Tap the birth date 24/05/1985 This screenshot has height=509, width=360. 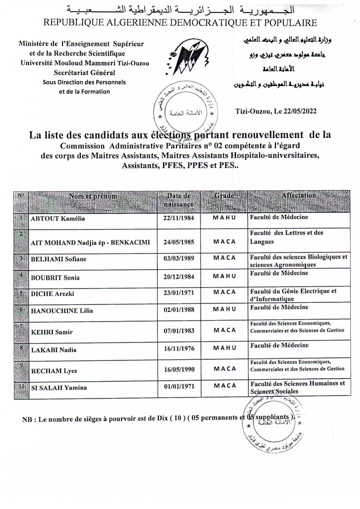pyautogui.click(x=178, y=242)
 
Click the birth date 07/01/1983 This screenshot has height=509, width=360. pyautogui.click(x=178, y=331)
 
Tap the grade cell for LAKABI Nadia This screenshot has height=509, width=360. pyautogui.click(x=225, y=349)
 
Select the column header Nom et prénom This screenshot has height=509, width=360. pyautogui.click(x=93, y=196)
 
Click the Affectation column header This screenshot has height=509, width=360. pyautogui.click(x=299, y=195)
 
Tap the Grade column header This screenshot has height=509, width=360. pyautogui.click(x=224, y=195)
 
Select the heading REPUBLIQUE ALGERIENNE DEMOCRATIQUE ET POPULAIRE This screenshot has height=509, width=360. pyautogui.click(x=180, y=22)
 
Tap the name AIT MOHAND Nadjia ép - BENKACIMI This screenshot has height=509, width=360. pyautogui.click(x=91, y=242)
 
